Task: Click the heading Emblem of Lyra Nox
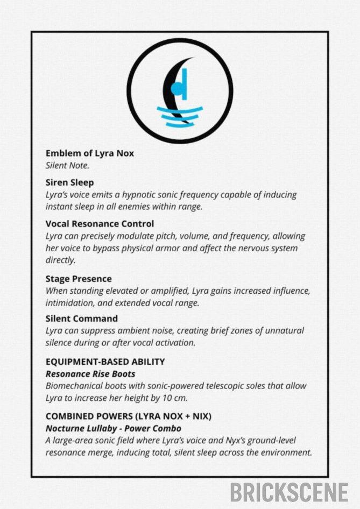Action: (89, 153)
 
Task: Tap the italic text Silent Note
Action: (67, 166)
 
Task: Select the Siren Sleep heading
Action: (69, 182)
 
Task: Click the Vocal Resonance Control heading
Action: (100, 223)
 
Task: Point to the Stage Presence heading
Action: (79, 279)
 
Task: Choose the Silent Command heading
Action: (81, 319)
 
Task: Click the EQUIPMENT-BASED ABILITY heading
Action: (105, 362)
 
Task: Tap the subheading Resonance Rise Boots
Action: (90, 373)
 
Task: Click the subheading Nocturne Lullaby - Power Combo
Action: (113, 428)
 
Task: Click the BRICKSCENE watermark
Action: (289, 492)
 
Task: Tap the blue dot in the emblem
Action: (175, 89)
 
